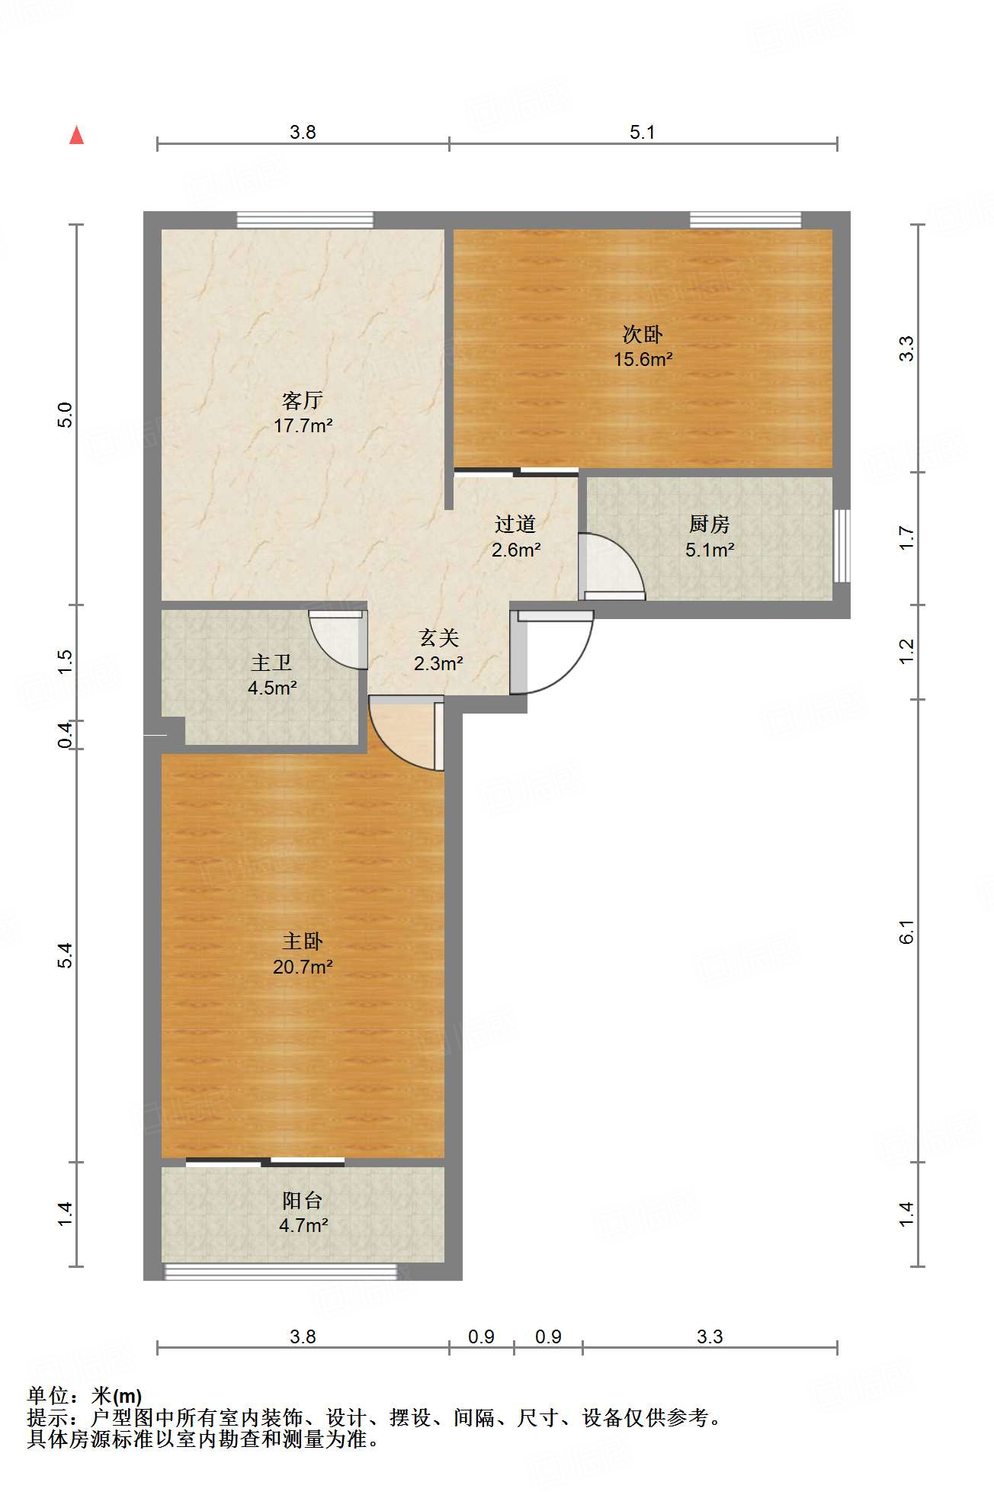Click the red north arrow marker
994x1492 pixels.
(76, 135)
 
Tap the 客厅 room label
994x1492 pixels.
(303, 399)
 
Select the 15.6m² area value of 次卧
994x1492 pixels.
(643, 359)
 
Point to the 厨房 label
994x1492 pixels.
(710, 524)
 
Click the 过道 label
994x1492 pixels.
(515, 524)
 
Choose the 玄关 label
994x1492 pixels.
(438, 637)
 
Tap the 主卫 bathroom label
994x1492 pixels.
(271, 663)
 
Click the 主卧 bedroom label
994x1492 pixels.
(303, 942)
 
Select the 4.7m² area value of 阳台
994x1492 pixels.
(303, 1225)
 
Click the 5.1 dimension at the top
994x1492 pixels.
(643, 132)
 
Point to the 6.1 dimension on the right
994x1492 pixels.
(906, 931)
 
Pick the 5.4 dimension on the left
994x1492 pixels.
(66, 955)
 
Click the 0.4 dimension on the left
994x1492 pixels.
(66, 734)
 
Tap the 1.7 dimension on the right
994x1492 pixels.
(906, 538)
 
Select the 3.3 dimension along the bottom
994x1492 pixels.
(709, 1336)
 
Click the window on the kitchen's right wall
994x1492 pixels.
(842, 546)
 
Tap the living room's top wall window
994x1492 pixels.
(305, 220)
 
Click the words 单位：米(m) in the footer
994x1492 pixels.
(85, 1395)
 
